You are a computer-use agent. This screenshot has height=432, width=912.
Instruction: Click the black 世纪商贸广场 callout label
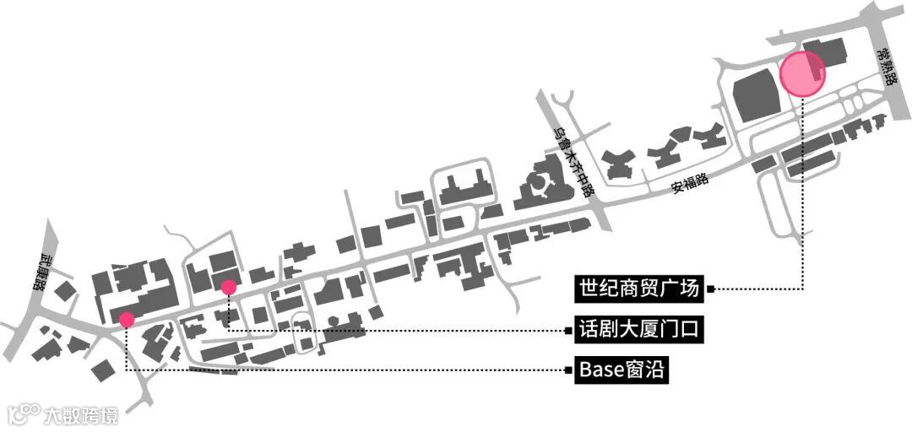(639, 289)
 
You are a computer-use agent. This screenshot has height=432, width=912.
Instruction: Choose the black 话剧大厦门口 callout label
(639, 329)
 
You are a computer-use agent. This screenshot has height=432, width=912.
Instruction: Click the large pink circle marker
(801, 73)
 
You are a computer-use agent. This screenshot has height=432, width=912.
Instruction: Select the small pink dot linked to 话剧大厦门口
(228, 288)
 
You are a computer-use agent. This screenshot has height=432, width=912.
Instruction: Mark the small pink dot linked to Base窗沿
(127, 320)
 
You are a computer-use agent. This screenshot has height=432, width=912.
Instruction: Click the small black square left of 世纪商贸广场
(711, 289)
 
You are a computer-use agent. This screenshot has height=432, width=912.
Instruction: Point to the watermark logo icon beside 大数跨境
(24, 413)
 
